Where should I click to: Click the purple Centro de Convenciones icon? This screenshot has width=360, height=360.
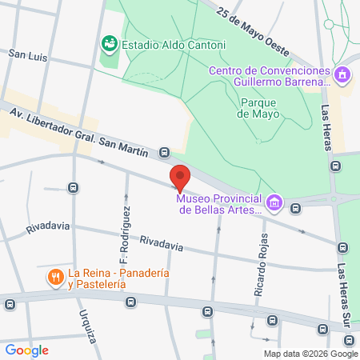point(342,75)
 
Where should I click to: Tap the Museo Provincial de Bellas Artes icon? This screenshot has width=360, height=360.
point(274,202)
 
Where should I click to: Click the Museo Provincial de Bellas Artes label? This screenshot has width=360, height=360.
point(219,204)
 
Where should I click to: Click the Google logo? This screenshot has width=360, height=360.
point(26,350)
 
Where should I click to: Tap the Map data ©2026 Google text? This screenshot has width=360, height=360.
point(311,354)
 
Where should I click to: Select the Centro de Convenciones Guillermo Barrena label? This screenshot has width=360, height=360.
point(269,75)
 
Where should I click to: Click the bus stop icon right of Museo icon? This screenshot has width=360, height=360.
point(296,209)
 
